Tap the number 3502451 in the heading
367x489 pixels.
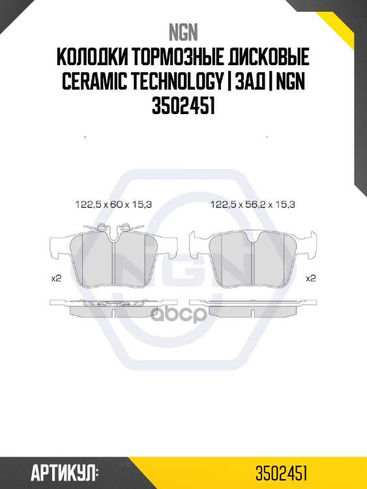183,106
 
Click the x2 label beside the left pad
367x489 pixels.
56,278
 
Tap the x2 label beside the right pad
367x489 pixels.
311,278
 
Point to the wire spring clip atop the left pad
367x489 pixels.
113,228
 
